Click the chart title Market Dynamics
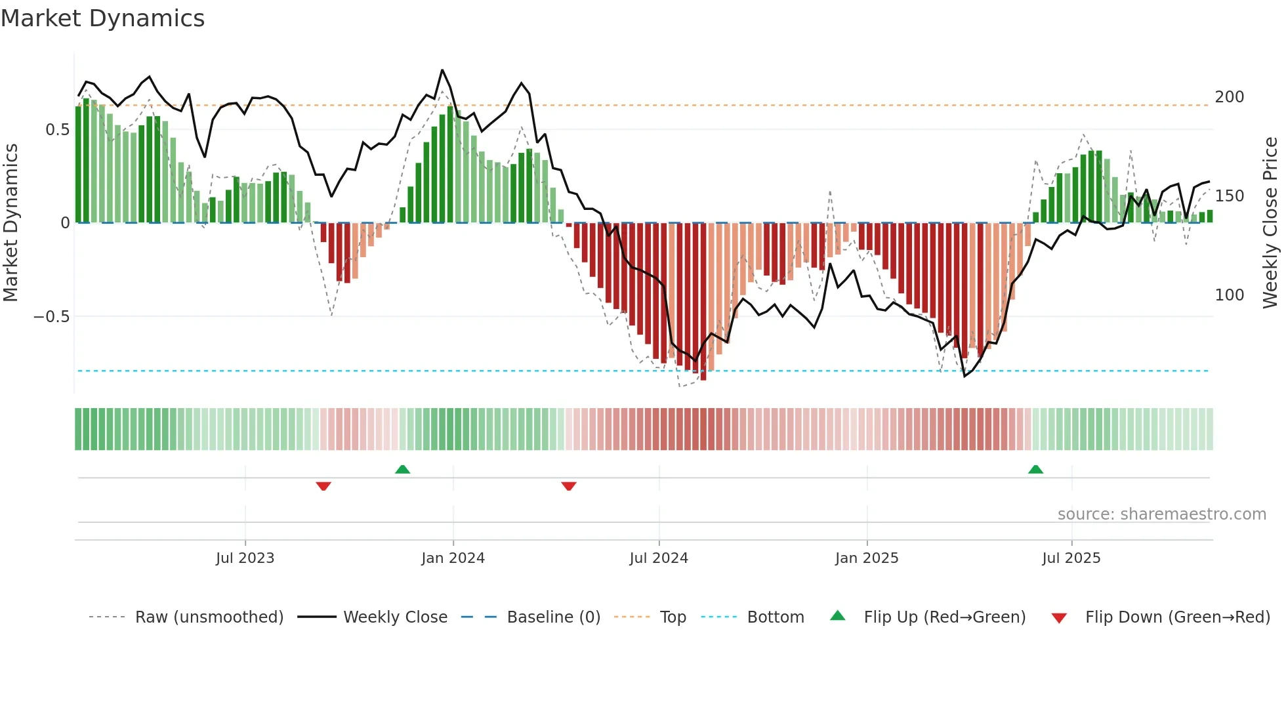102,18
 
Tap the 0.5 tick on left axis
57,130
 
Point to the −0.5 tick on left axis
51,317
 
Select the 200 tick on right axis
1229,97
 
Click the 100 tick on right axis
1229,295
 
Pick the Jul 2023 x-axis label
245,558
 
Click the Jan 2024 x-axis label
453,558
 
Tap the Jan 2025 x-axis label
866,558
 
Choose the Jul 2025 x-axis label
1071,558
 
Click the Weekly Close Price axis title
1270,223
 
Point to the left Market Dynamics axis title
10,223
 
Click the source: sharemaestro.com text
1161,514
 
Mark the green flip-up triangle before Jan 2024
402,469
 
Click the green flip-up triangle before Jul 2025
1035,469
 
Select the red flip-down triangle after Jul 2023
323,486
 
